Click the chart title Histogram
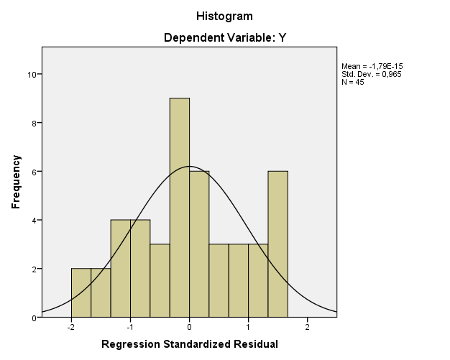224,16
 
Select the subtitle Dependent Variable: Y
224,37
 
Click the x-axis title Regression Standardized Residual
189,344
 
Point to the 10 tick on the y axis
32,74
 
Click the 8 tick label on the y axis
35,123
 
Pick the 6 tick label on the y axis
35,172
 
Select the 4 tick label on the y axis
35,220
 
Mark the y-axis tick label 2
35,269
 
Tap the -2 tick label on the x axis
70,327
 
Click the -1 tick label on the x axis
129,327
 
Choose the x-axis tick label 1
248,327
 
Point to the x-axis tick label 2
307,327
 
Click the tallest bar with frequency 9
179,208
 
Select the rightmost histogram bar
277,244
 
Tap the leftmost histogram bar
81,292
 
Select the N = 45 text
352,81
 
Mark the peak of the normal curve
189,167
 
